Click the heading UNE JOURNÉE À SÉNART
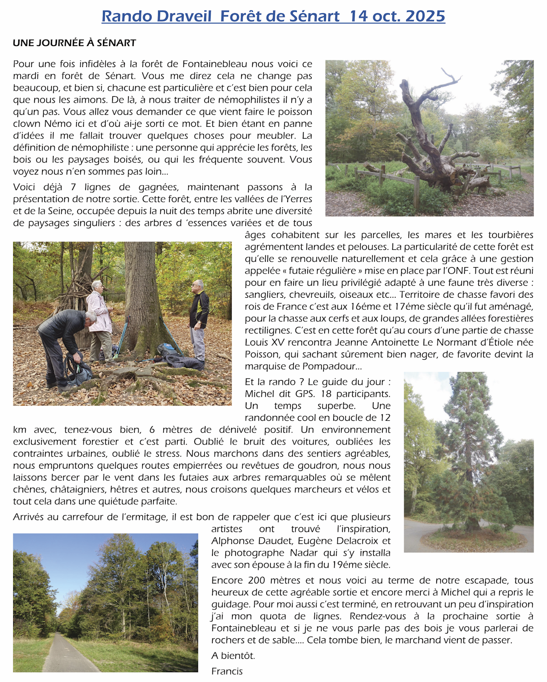pos(74,43)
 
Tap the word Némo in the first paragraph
pos(57,124)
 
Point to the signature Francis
pos(227,671)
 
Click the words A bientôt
pos(233,656)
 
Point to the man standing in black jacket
pos(198,319)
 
